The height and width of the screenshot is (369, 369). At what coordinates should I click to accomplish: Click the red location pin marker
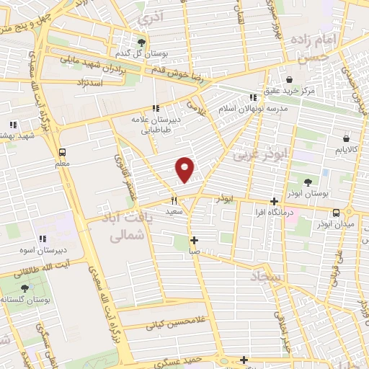click(185, 169)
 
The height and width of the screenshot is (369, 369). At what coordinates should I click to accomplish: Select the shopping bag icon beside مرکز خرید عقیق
click(289, 79)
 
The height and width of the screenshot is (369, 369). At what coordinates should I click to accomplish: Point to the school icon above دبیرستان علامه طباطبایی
click(155, 108)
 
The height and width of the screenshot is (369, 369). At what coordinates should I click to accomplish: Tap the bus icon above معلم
click(62, 152)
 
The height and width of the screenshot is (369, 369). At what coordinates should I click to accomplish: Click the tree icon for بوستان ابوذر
click(309, 182)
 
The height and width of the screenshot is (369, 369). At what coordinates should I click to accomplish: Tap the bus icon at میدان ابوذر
click(336, 212)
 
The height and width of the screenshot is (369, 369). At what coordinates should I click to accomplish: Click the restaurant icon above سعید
click(174, 201)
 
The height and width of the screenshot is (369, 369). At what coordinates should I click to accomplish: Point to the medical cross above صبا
click(194, 240)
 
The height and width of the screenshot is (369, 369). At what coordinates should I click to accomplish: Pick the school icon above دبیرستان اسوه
click(43, 239)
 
